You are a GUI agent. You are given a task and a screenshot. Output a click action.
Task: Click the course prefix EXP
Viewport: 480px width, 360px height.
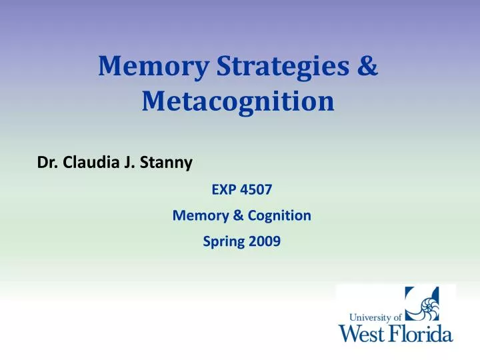(223, 189)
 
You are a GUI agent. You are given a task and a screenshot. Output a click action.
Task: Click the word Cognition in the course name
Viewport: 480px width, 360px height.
(279, 215)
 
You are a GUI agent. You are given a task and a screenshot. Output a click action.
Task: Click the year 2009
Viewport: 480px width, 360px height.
(265, 243)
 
